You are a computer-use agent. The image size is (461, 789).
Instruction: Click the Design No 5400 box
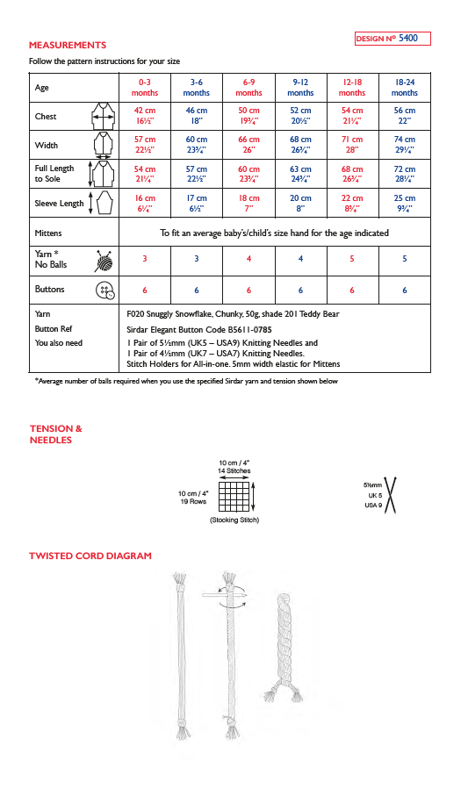point(393,39)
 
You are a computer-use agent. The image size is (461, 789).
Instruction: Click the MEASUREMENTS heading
point(68,46)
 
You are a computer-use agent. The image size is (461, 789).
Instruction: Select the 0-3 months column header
point(144,88)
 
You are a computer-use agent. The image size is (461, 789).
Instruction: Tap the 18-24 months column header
point(405,88)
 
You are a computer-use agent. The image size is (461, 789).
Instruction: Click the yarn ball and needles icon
point(104,262)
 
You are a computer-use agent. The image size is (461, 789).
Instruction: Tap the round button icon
point(105,290)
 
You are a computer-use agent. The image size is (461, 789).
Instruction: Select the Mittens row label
point(48,233)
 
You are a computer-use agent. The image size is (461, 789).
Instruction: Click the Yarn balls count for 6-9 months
point(249,259)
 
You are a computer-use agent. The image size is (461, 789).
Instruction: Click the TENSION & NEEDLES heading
point(56,434)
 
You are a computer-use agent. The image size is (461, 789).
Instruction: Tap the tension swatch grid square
point(234,497)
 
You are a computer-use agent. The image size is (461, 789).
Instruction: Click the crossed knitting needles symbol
point(391,495)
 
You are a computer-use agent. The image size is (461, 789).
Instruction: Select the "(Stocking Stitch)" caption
point(234,520)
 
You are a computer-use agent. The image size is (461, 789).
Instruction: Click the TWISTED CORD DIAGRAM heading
point(90,556)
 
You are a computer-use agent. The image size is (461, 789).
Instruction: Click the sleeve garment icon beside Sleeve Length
point(104,204)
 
